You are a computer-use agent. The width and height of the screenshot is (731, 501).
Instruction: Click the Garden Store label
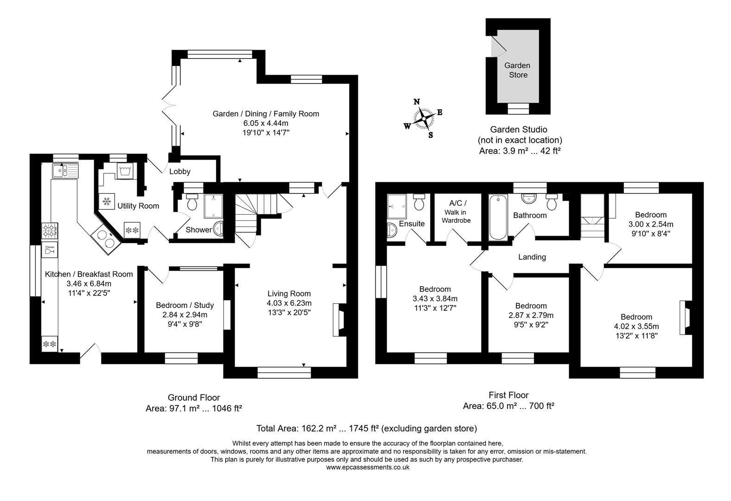[518, 70]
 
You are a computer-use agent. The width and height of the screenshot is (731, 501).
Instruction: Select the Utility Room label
[138, 206]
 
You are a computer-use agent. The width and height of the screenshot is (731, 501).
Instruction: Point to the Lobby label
[180, 172]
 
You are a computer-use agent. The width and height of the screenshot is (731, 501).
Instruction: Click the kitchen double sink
[65, 171]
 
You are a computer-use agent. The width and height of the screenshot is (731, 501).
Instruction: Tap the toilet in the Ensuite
[420, 202]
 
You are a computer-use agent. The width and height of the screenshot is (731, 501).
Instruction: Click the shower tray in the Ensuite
[397, 203]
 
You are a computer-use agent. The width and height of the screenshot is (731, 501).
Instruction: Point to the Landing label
[532, 257]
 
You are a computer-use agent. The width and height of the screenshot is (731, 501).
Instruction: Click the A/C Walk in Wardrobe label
[456, 212]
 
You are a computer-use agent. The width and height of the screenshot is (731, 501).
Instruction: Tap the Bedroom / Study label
[184, 305]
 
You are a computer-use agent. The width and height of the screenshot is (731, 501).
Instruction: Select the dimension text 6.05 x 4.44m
[266, 123]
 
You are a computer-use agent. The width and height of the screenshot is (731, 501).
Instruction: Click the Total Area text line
[366, 428]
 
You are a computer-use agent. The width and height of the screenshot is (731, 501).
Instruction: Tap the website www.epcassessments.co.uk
[367, 468]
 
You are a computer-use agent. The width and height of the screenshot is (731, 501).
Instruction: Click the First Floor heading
[509, 395]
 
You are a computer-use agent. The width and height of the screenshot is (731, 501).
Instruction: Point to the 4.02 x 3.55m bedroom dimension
[636, 327]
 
